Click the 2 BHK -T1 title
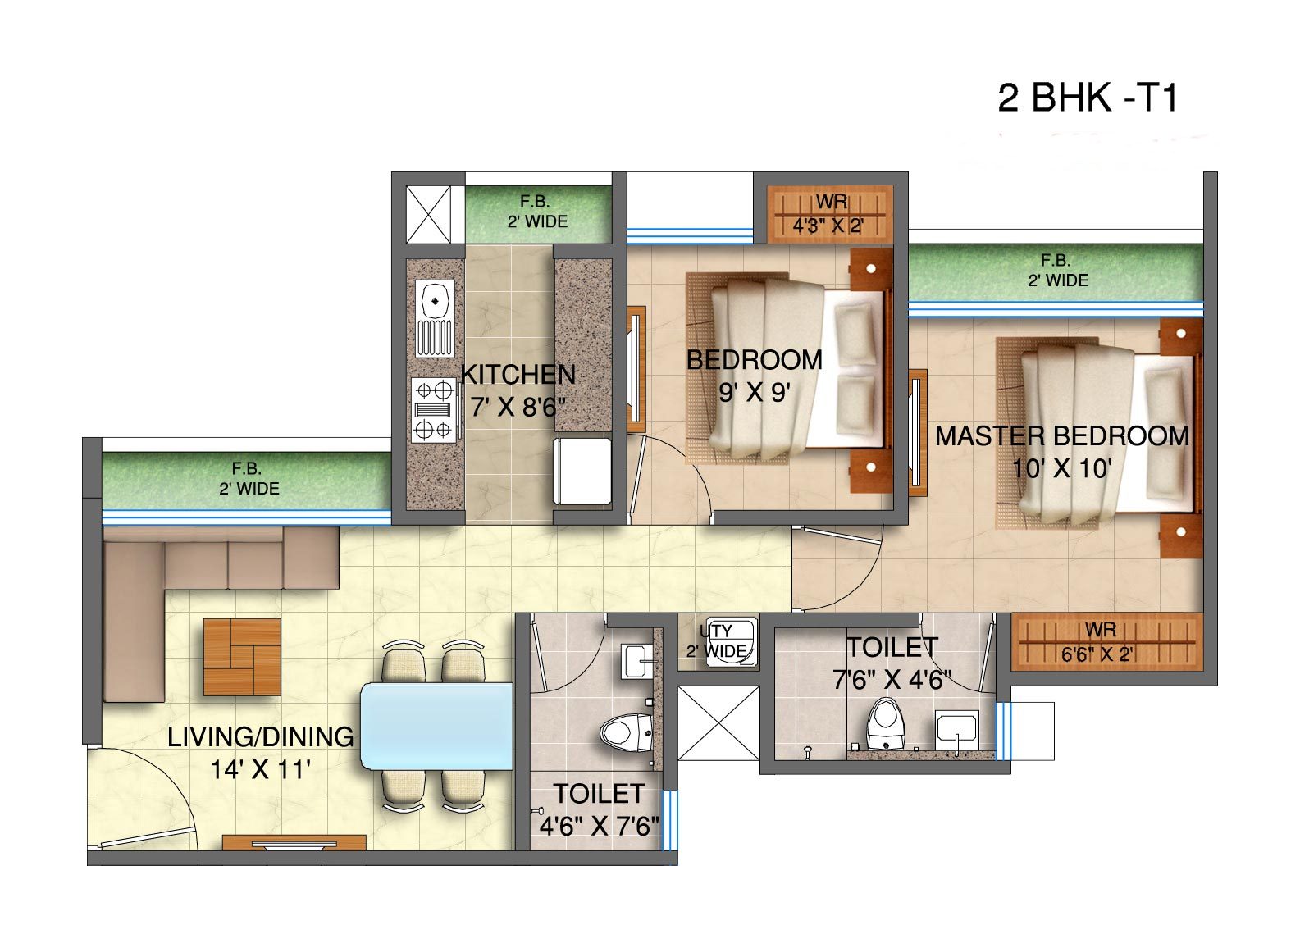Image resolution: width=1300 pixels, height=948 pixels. click(1088, 98)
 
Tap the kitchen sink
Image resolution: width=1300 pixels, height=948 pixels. click(435, 318)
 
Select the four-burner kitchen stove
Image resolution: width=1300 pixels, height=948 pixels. click(434, 409)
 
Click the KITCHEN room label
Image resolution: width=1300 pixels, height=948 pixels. click(518, 374)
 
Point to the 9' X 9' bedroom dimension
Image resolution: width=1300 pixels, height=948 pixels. click(755, 392)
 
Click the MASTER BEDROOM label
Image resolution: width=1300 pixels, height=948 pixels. click(1061, 436)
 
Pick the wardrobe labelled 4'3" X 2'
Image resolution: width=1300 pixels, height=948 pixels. click(831, 214)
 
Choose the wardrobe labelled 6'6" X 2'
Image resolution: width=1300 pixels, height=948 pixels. click(1106, 642)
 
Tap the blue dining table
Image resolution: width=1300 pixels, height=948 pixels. click(436, 726)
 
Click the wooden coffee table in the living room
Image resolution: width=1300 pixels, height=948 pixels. click(243, 657)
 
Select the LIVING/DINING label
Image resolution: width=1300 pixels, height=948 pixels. click(261, 736)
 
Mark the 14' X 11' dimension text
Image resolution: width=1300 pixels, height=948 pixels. click(261, 770)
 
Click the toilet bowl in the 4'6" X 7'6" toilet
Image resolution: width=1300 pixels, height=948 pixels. click(626, 733)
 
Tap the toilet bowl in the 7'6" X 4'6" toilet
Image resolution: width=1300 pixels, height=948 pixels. click(885, 723)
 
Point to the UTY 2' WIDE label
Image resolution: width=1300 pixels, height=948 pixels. click(716, 640)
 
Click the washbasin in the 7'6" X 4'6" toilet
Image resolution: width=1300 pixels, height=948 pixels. click(957, 731)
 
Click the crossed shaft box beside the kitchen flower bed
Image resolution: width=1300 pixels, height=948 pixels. click(428, 215)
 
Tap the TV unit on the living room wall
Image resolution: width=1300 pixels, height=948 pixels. click(294, 842)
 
